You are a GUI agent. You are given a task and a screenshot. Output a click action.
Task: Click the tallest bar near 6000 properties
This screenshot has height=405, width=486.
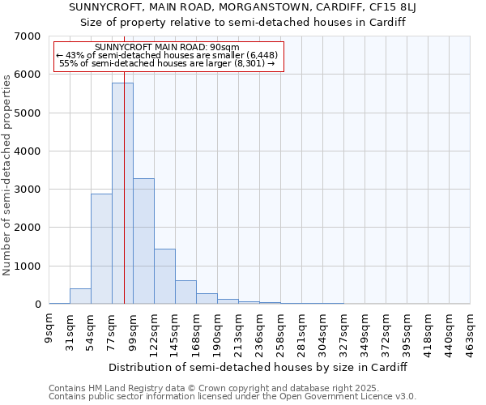coord(122,194)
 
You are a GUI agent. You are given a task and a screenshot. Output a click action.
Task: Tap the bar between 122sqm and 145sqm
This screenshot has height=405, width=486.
coord(164,276)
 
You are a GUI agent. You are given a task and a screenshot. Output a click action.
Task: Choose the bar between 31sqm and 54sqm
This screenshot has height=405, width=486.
coord(80,296)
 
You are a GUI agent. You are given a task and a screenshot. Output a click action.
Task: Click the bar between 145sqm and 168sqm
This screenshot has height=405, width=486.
coord(185,292)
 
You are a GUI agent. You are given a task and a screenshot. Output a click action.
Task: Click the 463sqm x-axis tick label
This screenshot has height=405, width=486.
coord(471,330)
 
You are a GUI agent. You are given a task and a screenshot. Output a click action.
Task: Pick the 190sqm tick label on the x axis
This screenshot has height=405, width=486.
coord(218,330)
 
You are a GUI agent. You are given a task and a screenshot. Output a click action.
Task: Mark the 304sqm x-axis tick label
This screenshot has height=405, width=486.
coord(323,330)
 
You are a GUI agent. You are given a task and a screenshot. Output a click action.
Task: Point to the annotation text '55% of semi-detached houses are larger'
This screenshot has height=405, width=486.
coord(168,63)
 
